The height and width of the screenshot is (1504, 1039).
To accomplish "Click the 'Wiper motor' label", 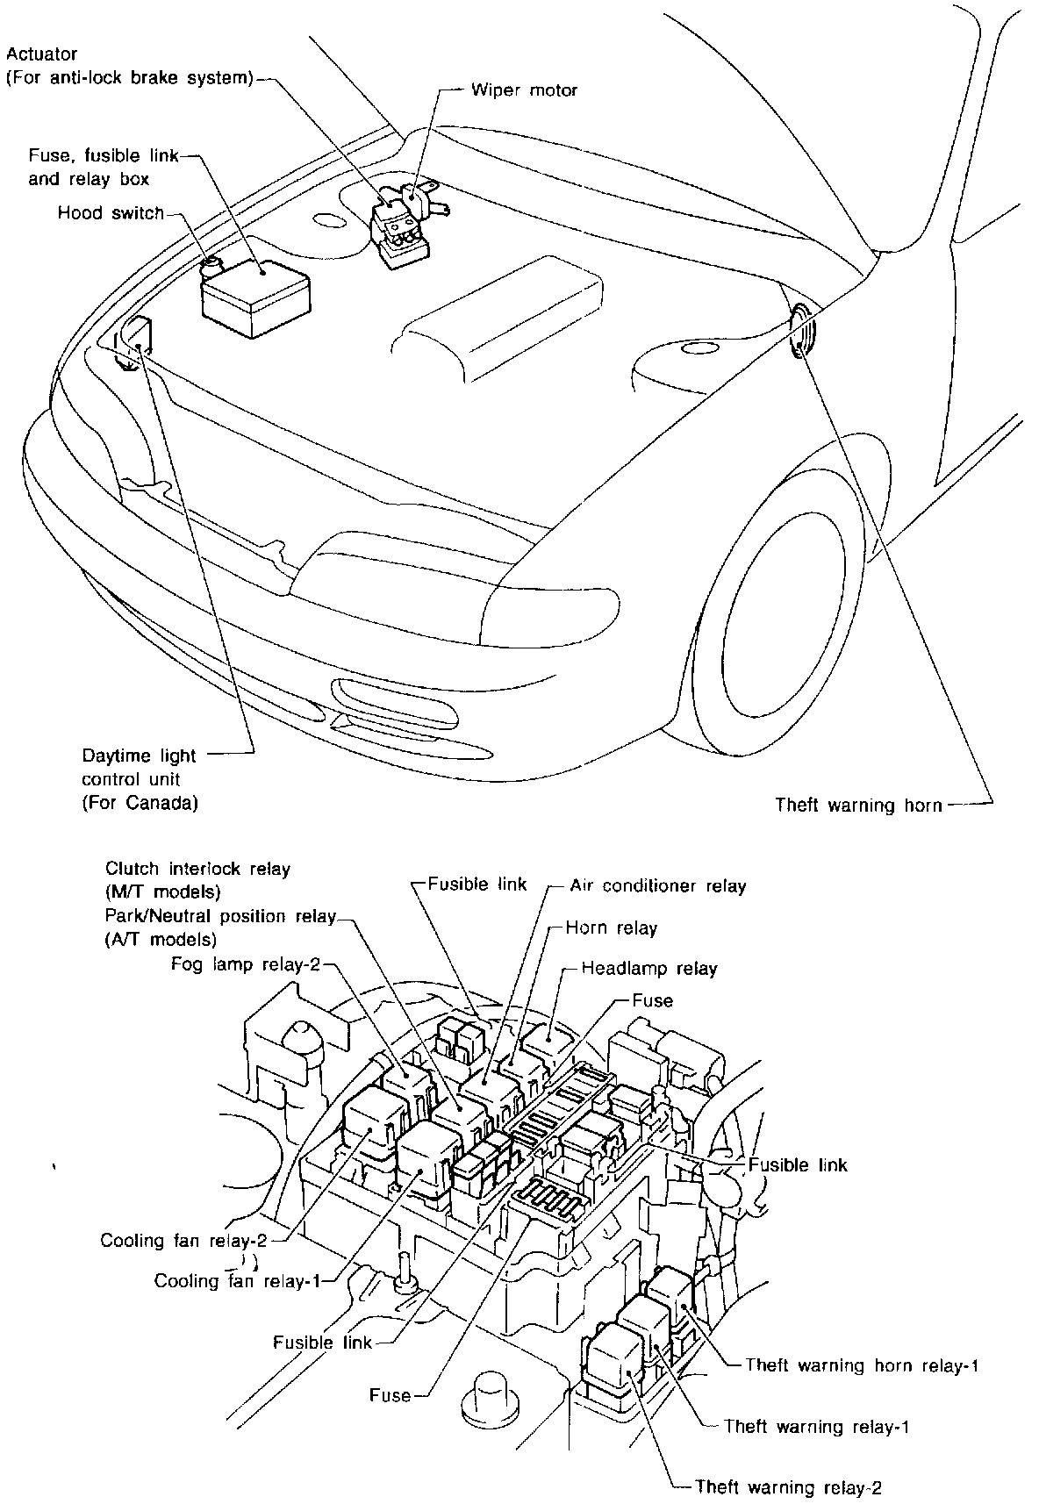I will click(524, 90).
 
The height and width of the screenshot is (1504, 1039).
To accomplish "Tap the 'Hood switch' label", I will click(111, 212).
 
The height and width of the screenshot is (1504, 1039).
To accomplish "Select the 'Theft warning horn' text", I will click(858, 805).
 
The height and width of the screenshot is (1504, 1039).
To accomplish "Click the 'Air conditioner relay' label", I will click(657, 885).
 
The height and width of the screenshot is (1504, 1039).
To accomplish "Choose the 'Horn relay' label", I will click(611, 927).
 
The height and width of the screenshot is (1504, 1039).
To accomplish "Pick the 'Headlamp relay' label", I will click(649, 969).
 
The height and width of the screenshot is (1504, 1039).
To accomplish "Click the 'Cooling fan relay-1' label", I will click(235, 1280).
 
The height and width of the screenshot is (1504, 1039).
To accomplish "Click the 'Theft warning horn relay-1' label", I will click(861, 1389).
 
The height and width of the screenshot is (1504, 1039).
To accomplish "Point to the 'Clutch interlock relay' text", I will click(197, 869).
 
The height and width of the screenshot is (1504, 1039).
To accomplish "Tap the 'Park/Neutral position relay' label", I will click(219, 916).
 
